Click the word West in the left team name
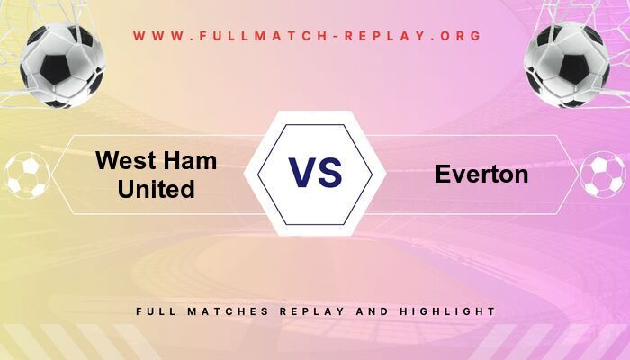point(124,161)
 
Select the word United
point(156,190)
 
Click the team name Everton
point(481,175)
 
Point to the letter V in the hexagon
point(302,173)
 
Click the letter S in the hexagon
point(329,173)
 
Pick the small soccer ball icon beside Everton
point(602,175)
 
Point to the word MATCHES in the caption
point(219,311)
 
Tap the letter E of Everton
point(443,175)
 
